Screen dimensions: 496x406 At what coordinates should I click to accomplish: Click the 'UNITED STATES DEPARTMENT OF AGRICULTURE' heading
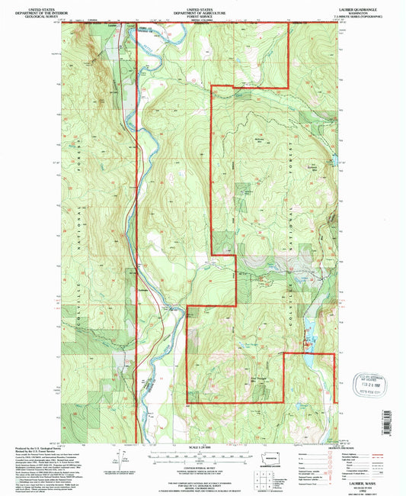tap(203, 8)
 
